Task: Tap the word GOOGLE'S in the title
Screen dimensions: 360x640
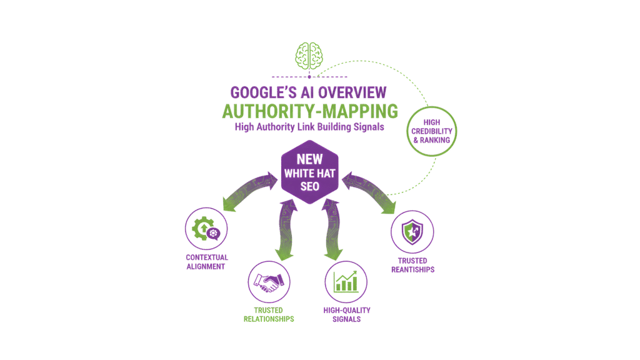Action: tap(260, 92)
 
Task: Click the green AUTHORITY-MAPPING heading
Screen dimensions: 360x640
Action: tap(310, 111)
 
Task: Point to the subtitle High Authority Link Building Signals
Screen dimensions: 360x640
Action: tap(310, 127)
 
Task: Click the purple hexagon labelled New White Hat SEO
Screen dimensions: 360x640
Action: tap(311, 172)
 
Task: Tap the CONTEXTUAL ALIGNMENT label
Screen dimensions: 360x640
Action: tap(206, 262)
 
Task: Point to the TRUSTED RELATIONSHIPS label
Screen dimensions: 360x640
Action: tap(269, 314)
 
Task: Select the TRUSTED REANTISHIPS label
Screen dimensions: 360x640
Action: tap(412, 265)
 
